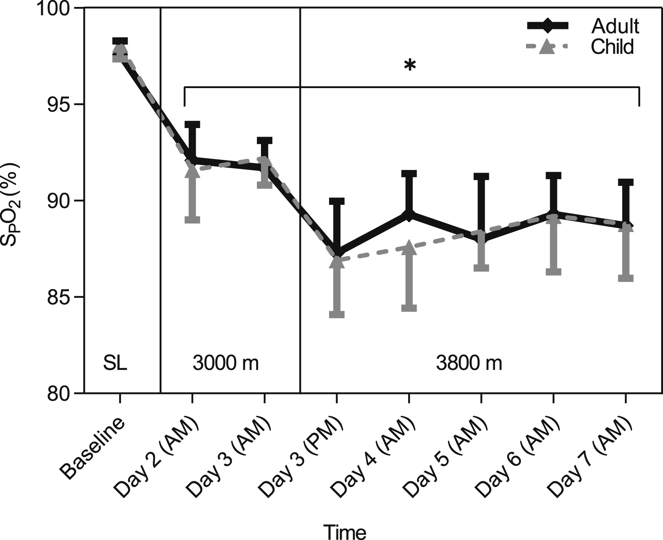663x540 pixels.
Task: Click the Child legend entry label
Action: (x=612, y=46)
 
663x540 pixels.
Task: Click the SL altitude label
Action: (x=115, y=363)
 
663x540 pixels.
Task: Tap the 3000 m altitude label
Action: (x=225, y=363)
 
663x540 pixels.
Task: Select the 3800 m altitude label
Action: (x=469, y=363)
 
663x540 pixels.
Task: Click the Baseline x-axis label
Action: (x=93, y=451)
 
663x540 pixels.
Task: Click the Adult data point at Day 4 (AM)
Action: (x=409, y=215)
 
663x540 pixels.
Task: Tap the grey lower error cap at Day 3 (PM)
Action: (x=337, y=314)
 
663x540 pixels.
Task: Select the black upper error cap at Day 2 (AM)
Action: (x=192, y=124)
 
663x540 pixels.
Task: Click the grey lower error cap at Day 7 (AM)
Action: (x=625, y=278)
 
